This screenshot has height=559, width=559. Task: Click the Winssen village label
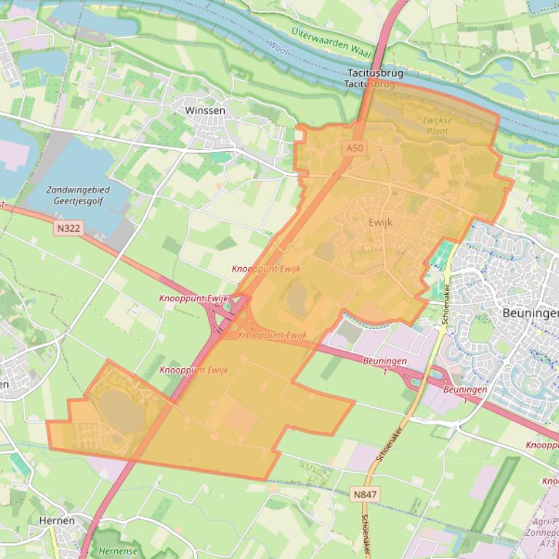coord(206,111)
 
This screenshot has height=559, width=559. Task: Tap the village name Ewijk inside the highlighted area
coord(380,222)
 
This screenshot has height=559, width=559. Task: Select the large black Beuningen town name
coord(530,313)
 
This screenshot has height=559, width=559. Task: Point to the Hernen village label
coord(57,521)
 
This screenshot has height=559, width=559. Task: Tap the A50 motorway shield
coord(354,148)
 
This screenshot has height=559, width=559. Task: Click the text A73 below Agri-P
coord(549,543)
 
